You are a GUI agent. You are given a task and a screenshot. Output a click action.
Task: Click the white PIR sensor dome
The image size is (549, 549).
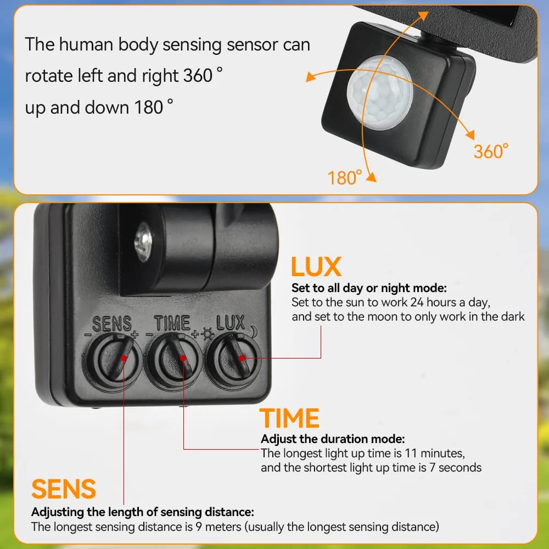coord(380,92)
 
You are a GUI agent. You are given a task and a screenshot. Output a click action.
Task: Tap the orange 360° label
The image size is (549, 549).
coord(491,152)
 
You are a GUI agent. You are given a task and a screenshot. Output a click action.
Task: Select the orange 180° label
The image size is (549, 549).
coord(345,177)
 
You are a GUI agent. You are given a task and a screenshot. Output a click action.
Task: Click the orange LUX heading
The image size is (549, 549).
coord(316,267)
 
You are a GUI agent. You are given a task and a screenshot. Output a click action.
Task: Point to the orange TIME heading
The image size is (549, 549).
coord(289,418)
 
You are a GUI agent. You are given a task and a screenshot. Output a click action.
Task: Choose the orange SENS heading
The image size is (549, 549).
coord(63,489)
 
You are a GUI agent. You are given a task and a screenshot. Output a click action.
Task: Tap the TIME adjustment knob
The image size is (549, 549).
coord(174,361)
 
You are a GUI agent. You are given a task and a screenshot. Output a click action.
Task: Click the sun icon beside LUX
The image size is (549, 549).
coord(208,334)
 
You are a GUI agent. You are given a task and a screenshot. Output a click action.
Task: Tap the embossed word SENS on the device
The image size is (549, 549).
coord(111,323)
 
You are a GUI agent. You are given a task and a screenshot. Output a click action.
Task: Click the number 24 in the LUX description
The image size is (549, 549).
coord(417,302)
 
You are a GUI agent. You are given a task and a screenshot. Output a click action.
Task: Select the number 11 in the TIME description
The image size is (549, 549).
coord(411,453)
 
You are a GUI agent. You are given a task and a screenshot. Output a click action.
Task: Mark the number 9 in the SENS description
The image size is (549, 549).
coord(199,526)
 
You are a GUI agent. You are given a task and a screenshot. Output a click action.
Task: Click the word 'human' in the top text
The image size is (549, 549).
coord(86,44)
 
